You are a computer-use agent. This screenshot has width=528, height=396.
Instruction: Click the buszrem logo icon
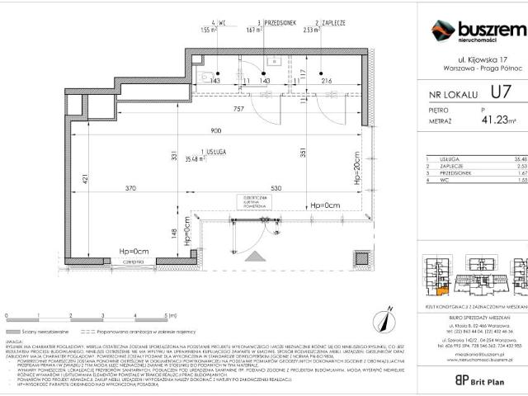pos(443,31)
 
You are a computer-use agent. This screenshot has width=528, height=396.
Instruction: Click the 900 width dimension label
pos(215,132)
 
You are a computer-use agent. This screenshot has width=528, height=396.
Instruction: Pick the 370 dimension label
pos(131,189)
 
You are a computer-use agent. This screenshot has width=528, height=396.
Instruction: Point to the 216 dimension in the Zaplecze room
pos(325,81)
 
